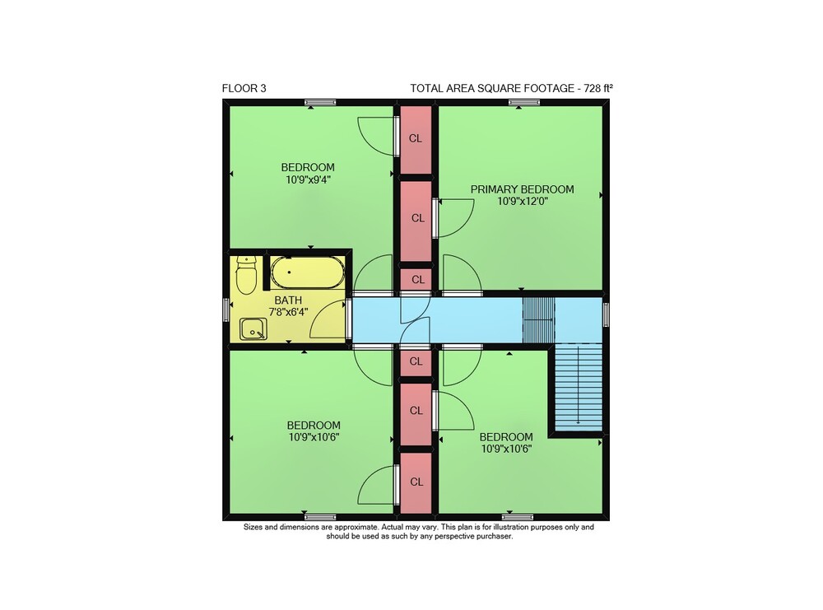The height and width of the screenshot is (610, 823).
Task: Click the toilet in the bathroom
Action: (x=245, y=274)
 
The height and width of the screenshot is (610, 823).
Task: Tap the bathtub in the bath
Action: (x=308, y=272)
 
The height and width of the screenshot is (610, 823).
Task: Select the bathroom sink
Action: (x=253, y=329)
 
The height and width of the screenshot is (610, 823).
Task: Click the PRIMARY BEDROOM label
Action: (x=522, y=189)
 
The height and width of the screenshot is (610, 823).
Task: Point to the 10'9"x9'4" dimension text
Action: (x=308, y=179)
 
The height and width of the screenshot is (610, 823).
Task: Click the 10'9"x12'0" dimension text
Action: (x=523, y=201)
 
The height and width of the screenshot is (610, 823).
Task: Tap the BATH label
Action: (x=288, y=300)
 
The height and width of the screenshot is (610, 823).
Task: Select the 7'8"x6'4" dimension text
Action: (x=288, y=312)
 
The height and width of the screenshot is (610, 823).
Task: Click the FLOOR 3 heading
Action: (x=244, y=88)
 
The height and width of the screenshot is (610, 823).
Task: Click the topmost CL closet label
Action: (x=415, y=138)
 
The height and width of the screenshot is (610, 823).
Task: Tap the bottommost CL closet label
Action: (x=416, y=482)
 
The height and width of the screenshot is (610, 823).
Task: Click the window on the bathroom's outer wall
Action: (x=226, y=310)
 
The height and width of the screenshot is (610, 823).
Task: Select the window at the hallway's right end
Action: (x=607, y=314)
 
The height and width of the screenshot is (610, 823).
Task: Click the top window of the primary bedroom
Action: (x=523, y=102)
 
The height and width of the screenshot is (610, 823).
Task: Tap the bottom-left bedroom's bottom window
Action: (x=320, y=517)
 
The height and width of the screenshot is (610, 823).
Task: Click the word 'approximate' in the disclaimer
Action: (x=357, y=527)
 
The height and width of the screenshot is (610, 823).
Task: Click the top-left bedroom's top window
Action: (x=320, y=102)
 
